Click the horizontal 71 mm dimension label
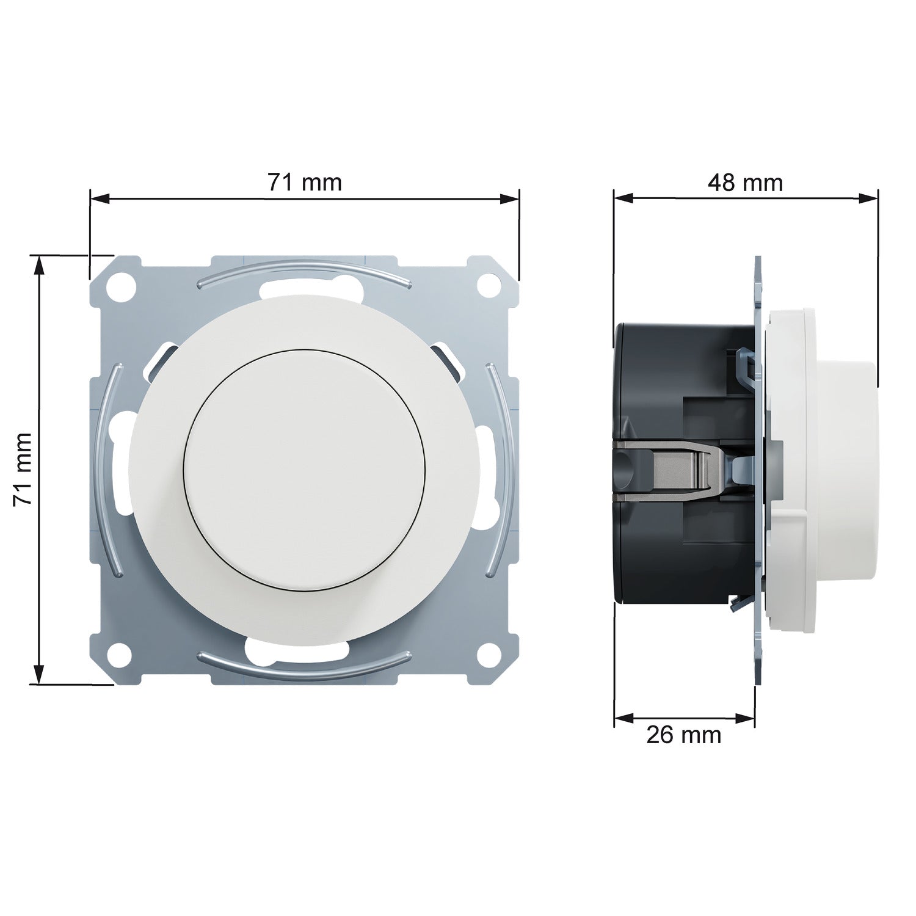(x=305, y=182)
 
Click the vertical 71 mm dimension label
(x=23, y=468)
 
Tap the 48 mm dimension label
(x=745, y=182)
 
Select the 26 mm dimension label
(x=684, y=735)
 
